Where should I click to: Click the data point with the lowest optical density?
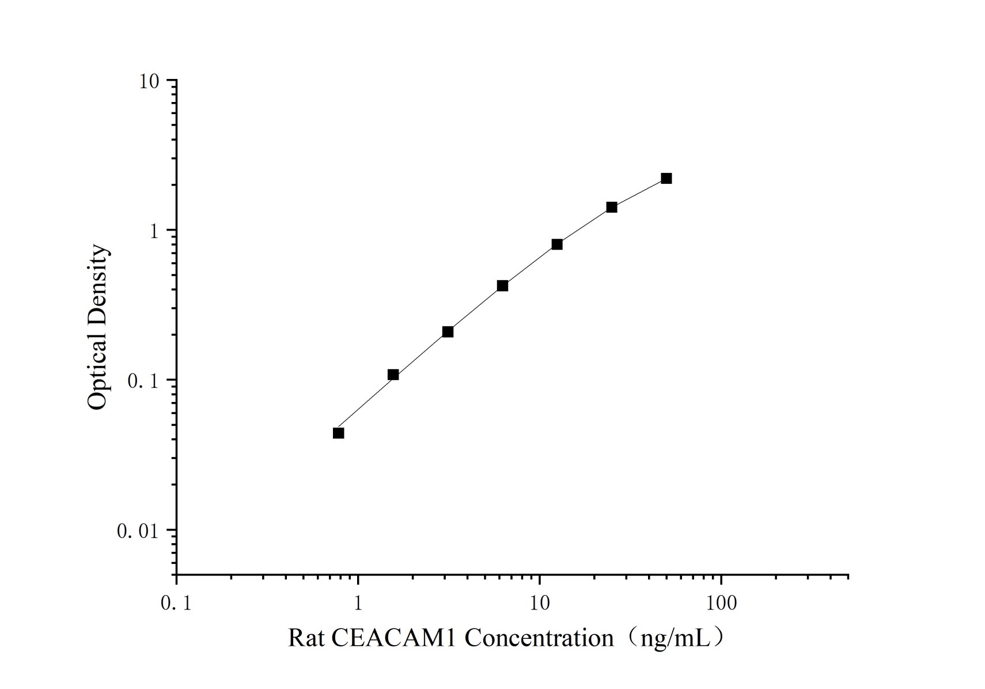tap(338, 433)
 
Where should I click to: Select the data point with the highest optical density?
tap(666, 178)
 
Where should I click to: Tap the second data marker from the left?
tap(393, 375)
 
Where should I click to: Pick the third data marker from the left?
tap(448, 332)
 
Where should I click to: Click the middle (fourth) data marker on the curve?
tap(502, 285)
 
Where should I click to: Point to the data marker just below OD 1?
tap(557, 244)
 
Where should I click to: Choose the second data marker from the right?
tap(611, 207)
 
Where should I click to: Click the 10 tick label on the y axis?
tap(149, 81)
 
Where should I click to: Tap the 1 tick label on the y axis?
tap(154, 231)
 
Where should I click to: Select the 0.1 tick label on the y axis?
tap(143, 381)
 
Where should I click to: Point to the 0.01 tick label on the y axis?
tap(138, 531)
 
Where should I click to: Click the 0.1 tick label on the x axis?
tap(176, 604)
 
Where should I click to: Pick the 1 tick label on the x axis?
tap(358, 604)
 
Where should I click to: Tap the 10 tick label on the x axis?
tap(540, 604)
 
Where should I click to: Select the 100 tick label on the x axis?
tap(721, 604)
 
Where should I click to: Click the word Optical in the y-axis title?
tap(97, 375)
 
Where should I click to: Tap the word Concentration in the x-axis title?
tap(539, 638)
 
